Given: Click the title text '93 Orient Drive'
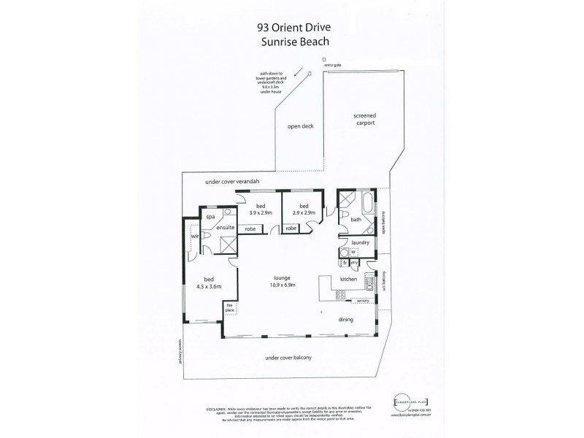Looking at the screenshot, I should tap(294, 27).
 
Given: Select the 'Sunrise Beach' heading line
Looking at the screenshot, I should tap(294, 42).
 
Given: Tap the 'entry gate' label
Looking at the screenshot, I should tap(323, 66).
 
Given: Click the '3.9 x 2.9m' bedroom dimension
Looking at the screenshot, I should tap(260, 212).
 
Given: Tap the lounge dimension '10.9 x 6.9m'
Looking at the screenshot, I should tap(283, 286).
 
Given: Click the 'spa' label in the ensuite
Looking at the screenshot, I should tap(210, 217).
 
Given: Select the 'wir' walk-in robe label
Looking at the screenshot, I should tap(194, 237).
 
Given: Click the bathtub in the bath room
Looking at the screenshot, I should tap(366, 200).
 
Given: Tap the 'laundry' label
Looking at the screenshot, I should tap(360, 242).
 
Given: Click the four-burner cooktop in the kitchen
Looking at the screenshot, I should tap(340, 295).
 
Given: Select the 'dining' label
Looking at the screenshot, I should tap(345, 320).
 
